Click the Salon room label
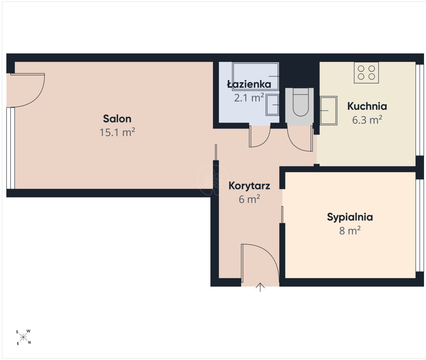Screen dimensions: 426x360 pos(117,119)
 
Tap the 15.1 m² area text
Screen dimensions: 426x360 pos(117,132)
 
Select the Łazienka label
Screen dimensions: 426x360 pos(249,84)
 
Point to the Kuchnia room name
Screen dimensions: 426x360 pos(367,106)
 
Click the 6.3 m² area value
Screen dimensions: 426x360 pos(367,120)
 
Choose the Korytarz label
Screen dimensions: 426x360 pos(249,186)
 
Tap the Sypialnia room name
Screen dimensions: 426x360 pos(350,217)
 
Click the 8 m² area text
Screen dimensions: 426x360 pos(350,231)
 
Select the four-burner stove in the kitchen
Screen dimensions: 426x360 pos(366,73)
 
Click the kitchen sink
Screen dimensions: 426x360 pos(328,110)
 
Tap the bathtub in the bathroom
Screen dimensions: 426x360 pos(255,76)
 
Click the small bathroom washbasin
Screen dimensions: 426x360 pos(272,105)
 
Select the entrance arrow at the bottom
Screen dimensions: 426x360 pos(260,287)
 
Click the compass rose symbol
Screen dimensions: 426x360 pos(23,338)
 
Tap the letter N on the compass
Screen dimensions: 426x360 pos(29,342)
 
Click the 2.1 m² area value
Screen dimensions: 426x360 pos(249,98)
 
